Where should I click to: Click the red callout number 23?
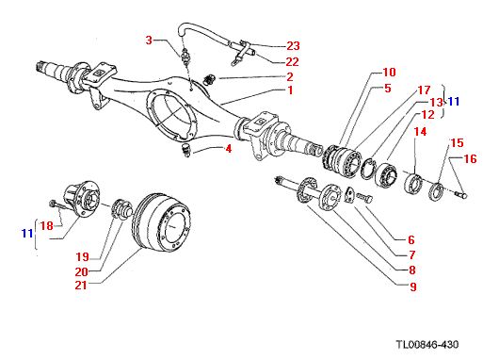click(x=293, y=46)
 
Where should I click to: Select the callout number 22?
click(x=292, y=62)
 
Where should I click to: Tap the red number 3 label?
click(x=149, y=41)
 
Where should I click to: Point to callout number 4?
click(x=229, y=149)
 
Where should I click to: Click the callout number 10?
click(x=390, y=73)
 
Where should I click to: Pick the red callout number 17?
click(x=424, y=90)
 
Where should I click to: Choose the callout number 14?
click(x=420, y=132)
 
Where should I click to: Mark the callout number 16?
click(x=470, y=158)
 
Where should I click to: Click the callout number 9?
click(x=413, y=286)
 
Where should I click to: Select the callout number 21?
click(x=81, y=286)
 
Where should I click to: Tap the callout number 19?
click(x=83, y=257)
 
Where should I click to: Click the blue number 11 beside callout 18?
click(x=27, y=234)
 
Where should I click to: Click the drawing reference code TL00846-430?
click(x=427, y=345)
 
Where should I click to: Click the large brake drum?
click(x=161, y=222)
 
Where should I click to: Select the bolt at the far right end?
click(x=461, y=194)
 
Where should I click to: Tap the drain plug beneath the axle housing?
click(x=186, y=150)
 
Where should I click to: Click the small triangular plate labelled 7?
click(x=349, y=195)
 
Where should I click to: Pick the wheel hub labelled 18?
click(x=82, y=199)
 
